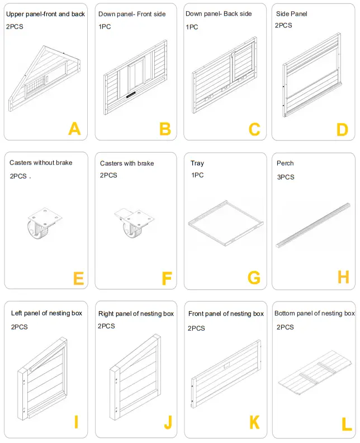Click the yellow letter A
[x=74, y=129]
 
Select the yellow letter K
[x=254, y=422]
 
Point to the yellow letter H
[x=343, y=277]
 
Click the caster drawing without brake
[x=42, y=224]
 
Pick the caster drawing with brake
[x=132, y=224]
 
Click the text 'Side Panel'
[x=292, y=13]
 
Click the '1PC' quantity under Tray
[x=197, y=176]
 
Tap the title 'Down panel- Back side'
[x=219, y=13]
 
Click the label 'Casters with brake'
[x=127, y=163]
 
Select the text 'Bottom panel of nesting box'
[x=315, y=313]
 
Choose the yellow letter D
[x=342, y=130]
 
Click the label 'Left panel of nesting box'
[x=46, y=313]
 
